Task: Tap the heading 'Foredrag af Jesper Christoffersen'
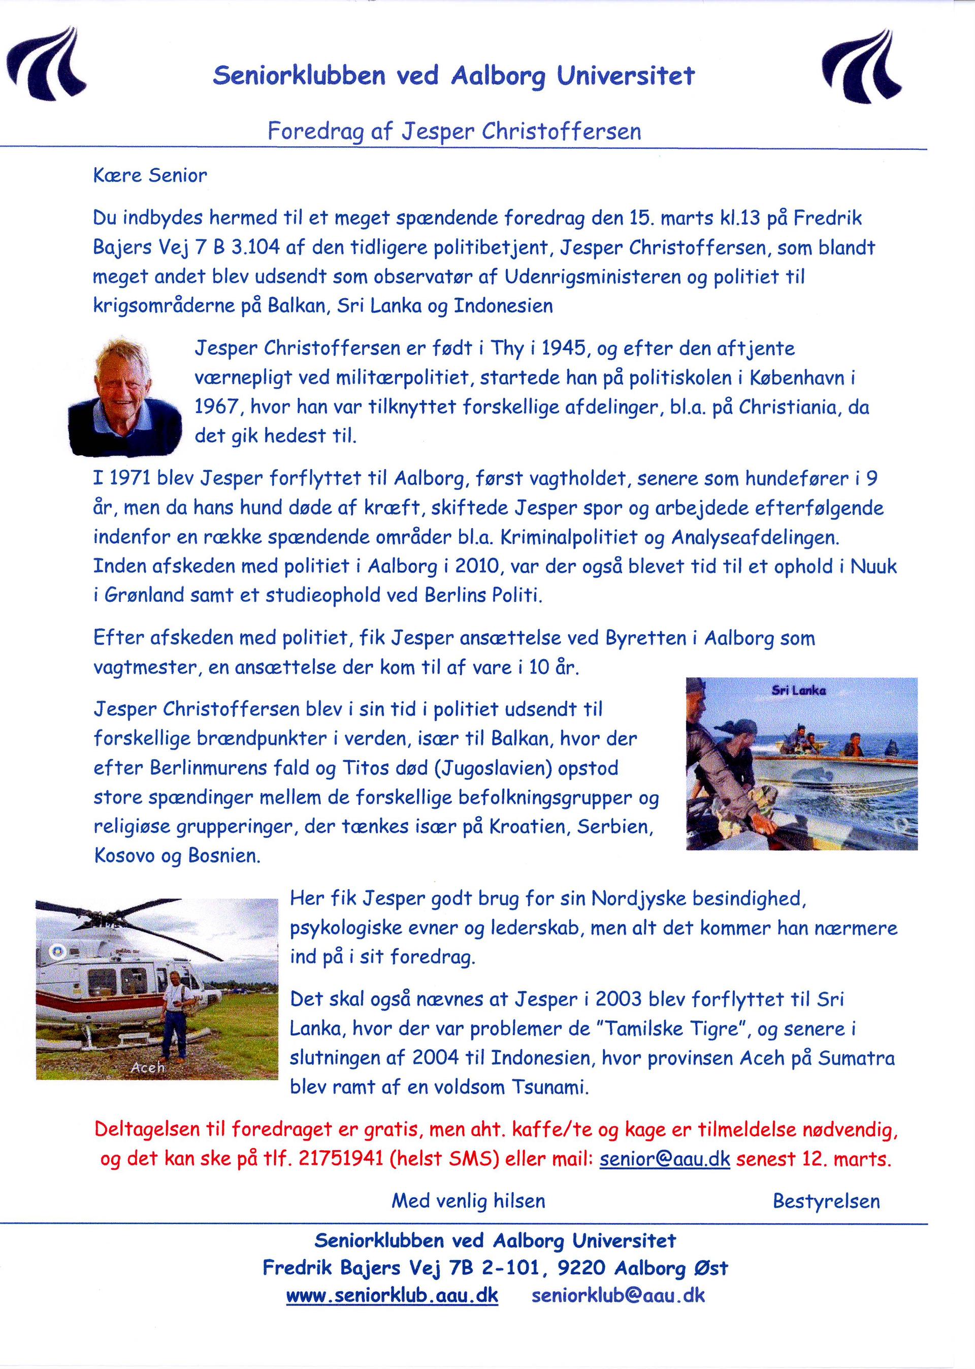454,131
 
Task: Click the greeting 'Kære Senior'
150,175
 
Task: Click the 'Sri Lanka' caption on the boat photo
798,690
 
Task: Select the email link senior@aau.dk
665,1159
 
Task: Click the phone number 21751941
340,1159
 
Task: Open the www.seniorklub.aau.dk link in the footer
392,1296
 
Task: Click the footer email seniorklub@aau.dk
619,1296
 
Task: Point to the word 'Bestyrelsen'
826,1201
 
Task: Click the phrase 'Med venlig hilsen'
468,1201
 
